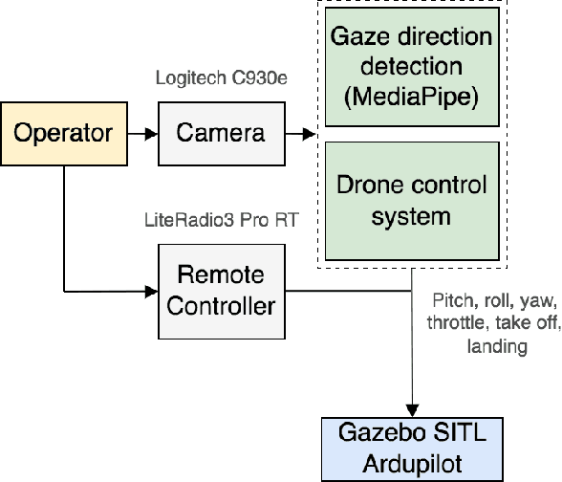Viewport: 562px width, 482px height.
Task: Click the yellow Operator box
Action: pyautogui.click(x=63, y=132)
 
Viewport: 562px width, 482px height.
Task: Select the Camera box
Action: pyautogui.click(x=220, y=132)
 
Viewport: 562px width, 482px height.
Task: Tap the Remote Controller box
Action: pyautogui.click(x=220, y=291)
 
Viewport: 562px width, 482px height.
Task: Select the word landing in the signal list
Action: pyautogui.click(x=496, y=346)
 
